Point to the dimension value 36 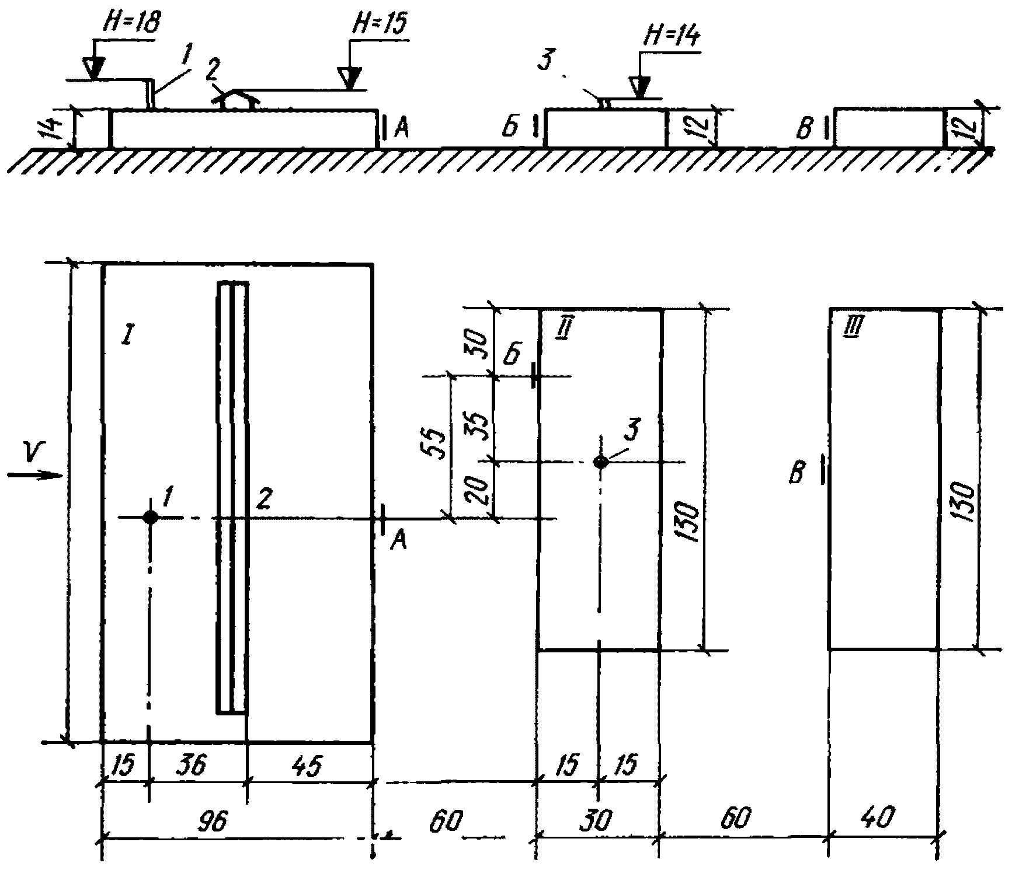pyautogui.click(x=193, y=765)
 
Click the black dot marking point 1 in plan pyautogui.click(x=151, y=517)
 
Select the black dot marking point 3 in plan pyautogui.click(x=600, y=462)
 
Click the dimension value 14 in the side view pyautogui.click(x=54, y=128)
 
